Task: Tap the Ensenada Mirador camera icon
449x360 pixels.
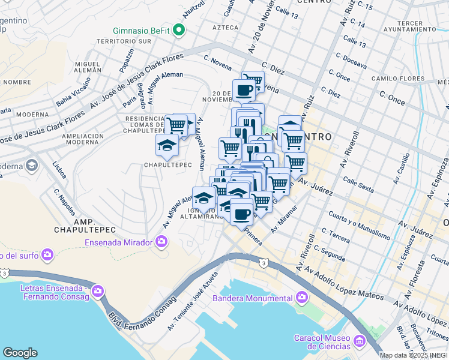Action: (161, 242)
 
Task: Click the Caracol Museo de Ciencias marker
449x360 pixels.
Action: (360, 341)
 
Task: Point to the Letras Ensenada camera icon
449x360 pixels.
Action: (98, 291)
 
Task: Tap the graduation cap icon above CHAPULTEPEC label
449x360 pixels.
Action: (167, 144)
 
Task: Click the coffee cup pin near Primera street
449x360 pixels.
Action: (241, 213)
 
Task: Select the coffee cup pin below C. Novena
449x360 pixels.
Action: (243, 91)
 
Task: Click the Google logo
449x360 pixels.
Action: (20, 353)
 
